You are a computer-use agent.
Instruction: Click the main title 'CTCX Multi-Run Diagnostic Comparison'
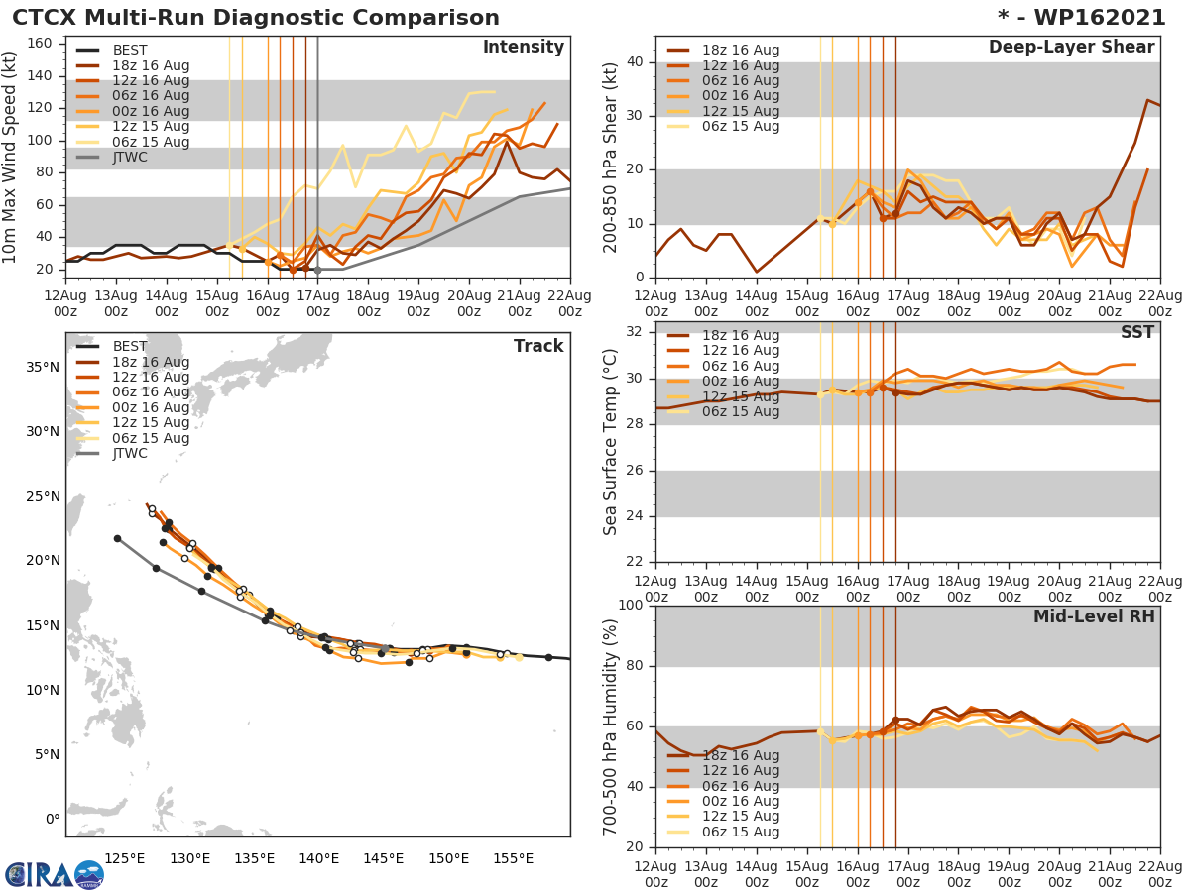coord(256,18)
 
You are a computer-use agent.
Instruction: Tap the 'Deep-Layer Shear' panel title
coord(1071,48)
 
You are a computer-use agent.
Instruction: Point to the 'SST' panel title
coord(1137,332)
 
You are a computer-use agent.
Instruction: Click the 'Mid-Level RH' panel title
coord(1094,617)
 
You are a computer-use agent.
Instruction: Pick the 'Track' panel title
coord(538,346)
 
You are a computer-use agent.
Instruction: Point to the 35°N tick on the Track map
coord(41,368)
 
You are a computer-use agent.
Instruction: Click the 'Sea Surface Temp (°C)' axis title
coord(612,441)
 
